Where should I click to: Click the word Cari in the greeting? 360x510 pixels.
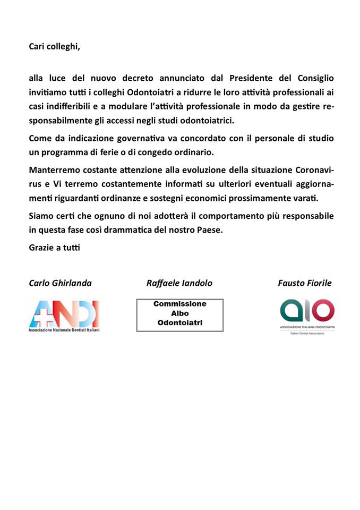point(37,46)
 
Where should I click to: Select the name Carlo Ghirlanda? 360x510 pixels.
point(60,283)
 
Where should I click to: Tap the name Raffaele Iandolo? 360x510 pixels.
point(179,283)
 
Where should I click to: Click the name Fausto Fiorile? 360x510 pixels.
point(304,283)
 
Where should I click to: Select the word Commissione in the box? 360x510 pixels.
point(179,304)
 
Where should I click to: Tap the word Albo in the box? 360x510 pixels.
point(179,313)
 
